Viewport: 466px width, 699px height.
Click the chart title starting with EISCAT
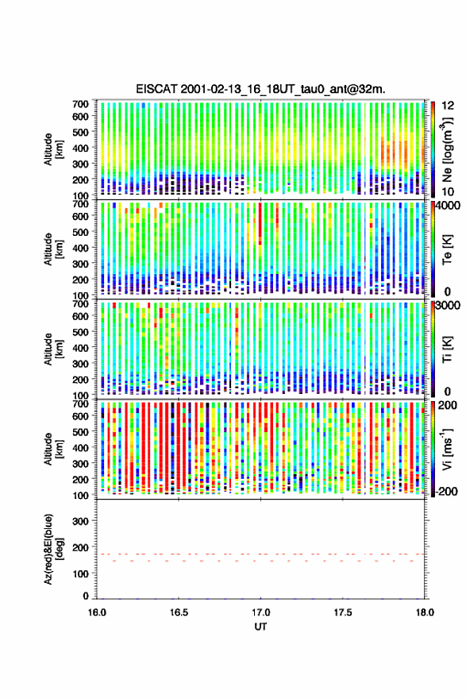coord(260,89)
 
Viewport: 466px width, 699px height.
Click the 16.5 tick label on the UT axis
coord(179,612)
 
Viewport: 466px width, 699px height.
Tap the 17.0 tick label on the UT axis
coord(260,612)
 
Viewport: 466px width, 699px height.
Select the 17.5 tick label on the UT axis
coord(343,612)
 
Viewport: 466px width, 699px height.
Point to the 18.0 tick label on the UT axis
coord(425,612)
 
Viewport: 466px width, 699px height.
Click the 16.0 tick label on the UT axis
coord(97,612)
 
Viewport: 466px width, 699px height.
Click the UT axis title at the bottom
coord(260,627)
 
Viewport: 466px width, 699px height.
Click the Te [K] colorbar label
coord(447,249)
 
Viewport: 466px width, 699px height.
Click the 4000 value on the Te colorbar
coord(449,207)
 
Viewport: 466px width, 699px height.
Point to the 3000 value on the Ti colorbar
coord(449,306)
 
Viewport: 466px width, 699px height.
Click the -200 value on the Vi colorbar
coord(447,491)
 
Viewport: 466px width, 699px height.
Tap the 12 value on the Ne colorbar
coord(448,106)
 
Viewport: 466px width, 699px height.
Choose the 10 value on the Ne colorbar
coord(448,191)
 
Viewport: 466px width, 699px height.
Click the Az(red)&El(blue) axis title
coord(53,549)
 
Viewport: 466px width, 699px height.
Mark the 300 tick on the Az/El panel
coord(81,521)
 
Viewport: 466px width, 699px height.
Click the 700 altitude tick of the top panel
coord(81,104)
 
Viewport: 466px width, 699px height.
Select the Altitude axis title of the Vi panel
coord(53,449)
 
